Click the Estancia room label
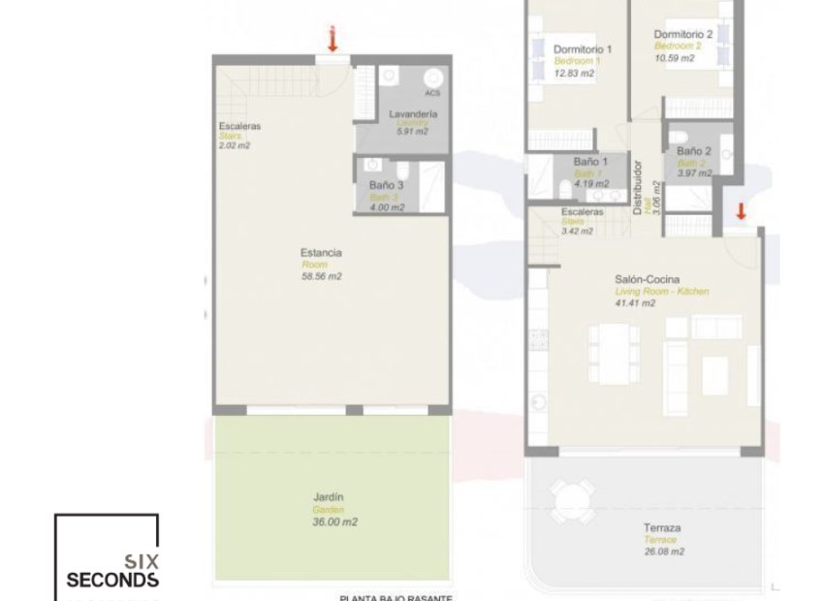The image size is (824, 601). [321, 253]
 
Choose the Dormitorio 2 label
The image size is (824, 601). [683, 34]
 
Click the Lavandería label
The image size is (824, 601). [413, 114]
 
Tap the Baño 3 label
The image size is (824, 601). [386, 184]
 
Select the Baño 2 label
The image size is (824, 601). [694, 151]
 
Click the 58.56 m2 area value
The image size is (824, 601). [322, 276]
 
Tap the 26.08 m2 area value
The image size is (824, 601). [663, 552]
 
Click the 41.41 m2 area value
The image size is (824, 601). [635, 302]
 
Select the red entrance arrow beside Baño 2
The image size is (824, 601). [741, 212]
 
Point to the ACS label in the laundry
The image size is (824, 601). [432, 93]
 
